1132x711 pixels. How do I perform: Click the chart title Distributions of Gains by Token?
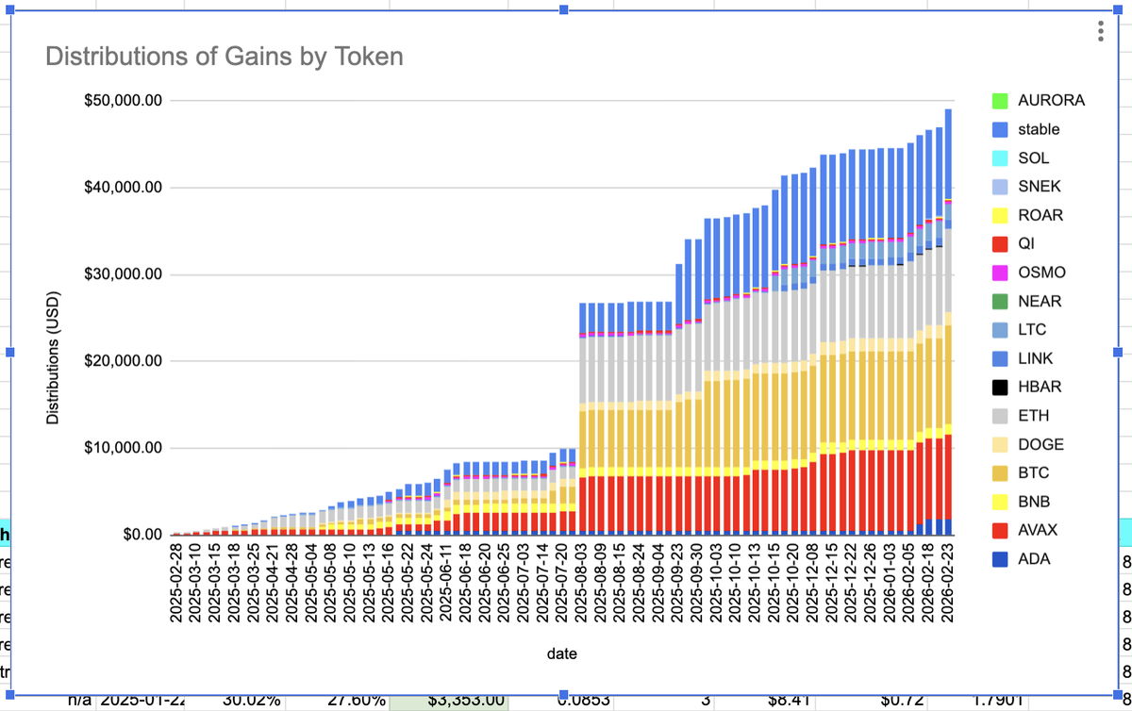225,57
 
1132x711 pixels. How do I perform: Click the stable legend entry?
1039,129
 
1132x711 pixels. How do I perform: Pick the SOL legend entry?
1033,157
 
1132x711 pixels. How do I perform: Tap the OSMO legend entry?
1040,273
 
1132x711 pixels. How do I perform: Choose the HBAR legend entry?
1040,387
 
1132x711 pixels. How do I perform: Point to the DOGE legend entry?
1040,444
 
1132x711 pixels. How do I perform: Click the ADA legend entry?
1035,559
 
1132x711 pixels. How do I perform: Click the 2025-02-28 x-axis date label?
176,583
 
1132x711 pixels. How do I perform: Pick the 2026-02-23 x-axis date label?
947,583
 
